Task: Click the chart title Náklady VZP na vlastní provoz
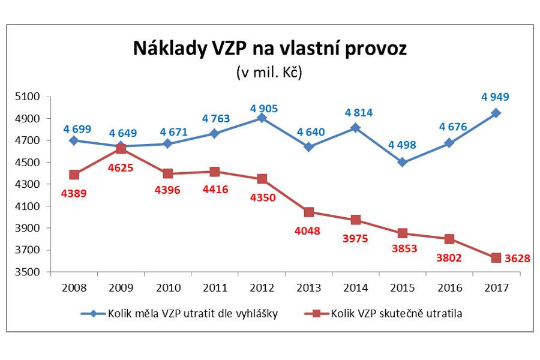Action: point(269,48)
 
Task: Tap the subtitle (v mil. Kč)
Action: point(269,73)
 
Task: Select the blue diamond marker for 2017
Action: point(496,113)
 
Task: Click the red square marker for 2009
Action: point(121,149)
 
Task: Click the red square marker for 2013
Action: point(308,212)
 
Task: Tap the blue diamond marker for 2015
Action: point(402,162)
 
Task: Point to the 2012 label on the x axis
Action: point(262,288)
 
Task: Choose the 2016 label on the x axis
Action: point(449,288)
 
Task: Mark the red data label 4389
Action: point(74,193)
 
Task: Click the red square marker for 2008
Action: point(74,175)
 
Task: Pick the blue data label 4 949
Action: point(496,96)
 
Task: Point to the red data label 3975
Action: point(355,238)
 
